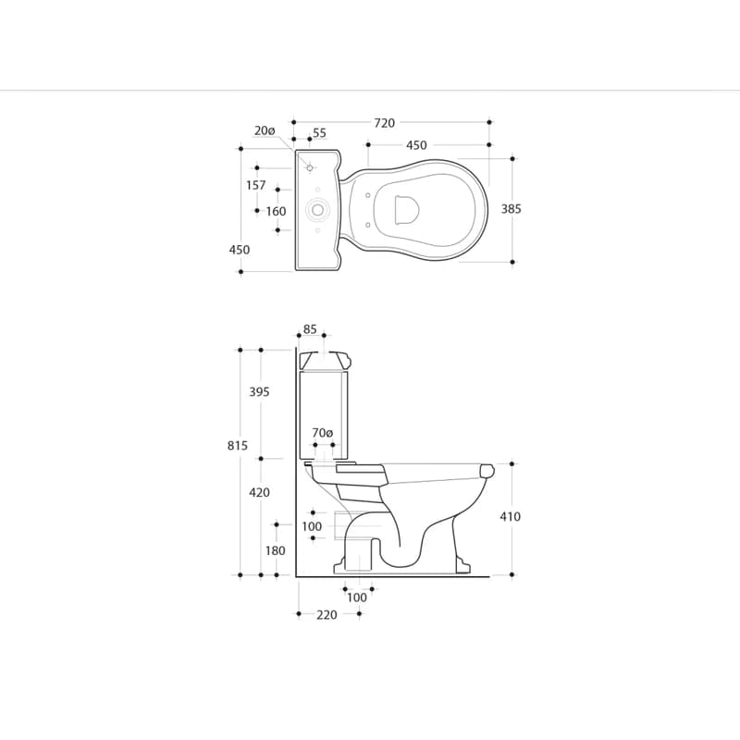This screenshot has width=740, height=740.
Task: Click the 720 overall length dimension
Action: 384,123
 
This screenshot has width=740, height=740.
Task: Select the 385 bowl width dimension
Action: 512,209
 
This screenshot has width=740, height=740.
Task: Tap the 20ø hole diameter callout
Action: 265,130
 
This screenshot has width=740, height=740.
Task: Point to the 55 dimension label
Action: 319,133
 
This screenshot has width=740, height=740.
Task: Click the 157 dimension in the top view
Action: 256,185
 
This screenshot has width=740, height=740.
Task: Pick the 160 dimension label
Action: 276,211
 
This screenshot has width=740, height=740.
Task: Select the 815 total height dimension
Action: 238,446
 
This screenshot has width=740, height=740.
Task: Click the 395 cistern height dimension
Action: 260,391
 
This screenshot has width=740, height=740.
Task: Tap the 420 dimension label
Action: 260,493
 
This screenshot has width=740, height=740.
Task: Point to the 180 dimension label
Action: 275,550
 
